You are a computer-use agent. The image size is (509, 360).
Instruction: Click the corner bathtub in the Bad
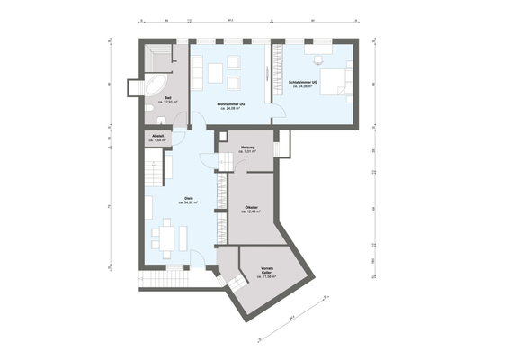coord(154,86)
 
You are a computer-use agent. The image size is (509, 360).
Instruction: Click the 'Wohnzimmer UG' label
coord(231,104)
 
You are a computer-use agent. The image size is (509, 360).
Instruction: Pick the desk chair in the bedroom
coord(317,58)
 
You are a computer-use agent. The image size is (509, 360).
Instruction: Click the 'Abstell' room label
coord(157,138)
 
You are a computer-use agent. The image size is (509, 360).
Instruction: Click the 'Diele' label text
coord(189,198)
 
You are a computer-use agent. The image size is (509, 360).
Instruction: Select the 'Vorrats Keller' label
coord(267,271)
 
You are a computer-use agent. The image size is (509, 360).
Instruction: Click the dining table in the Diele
coord(167,238)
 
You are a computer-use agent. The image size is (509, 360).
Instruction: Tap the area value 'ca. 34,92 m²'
coord(189,203)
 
